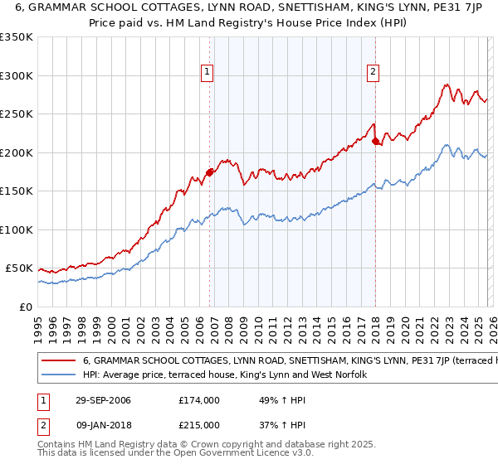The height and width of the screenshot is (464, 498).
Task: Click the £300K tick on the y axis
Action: pos(17,75)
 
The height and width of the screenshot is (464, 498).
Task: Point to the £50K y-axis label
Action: pos(19,268)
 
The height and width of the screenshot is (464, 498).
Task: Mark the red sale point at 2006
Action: pos(209,172)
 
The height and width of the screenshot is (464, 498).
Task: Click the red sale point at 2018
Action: pos(375,141)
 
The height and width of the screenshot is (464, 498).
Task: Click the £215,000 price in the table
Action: pos(198,425)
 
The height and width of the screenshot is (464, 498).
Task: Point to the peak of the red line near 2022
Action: pos(447,85)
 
